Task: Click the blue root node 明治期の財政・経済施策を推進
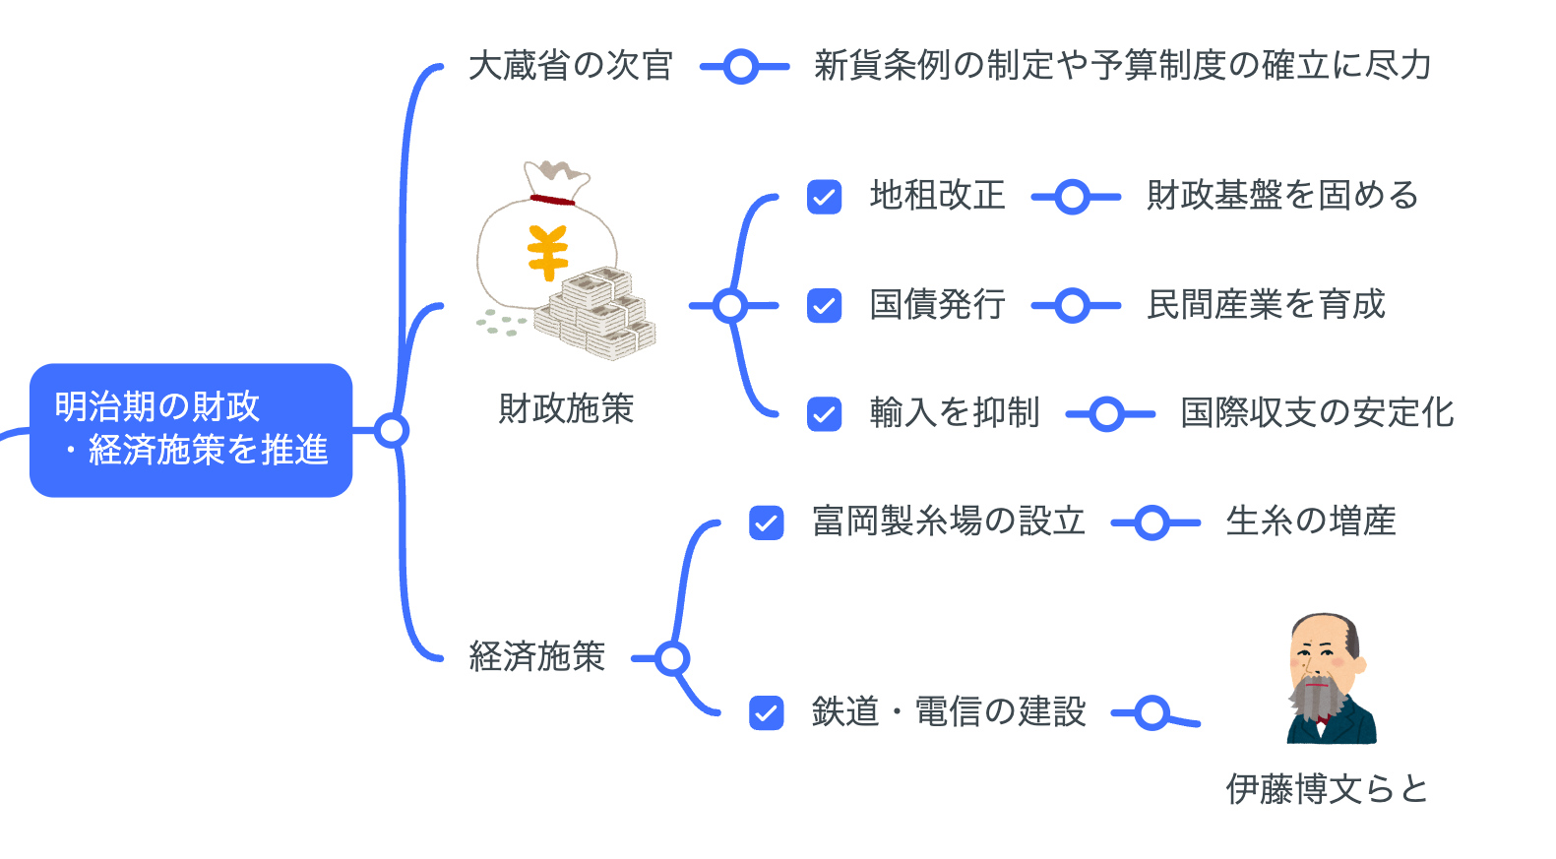[x=191, y=430]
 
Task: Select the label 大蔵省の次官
[x=571, y=66]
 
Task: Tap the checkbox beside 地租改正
[x=824, y=197]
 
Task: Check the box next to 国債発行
[x=824, y=306]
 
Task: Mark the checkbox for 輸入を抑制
[x=824, y=414]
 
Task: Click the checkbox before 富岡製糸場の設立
[x=766, y=522]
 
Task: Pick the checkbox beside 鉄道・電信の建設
[x=766, y=712]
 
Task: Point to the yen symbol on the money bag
[x=547, y=252]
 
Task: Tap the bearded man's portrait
[x=1329, y=679]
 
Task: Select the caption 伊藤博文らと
[x=1327, y=789]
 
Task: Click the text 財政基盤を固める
[x=1282, y=196]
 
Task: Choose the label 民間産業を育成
[x=1266, y=305]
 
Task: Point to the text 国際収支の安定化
[x=1317, y=413]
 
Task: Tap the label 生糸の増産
[x=1311, y=522]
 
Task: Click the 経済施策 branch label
[x=536, y=656]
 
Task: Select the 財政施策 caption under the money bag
[x=566, y=408]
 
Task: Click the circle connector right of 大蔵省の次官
[x=742, y=67]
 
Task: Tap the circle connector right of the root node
[x=392, y=431]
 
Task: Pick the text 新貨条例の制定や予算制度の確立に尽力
[x=1122, y=66]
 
